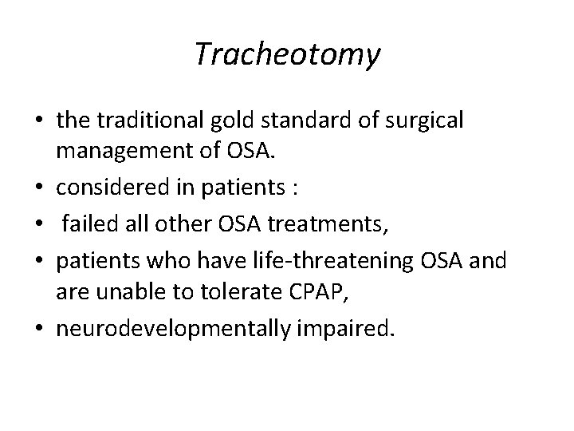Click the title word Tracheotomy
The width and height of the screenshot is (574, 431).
(287, 54)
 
